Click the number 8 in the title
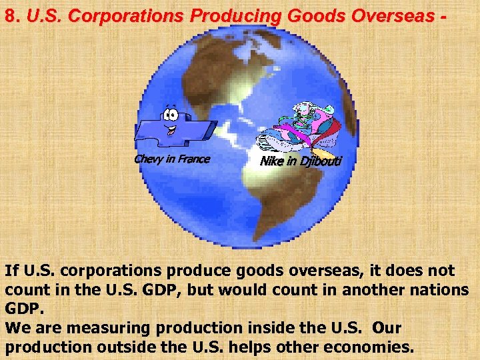(10, 16)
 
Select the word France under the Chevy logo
(193, 159)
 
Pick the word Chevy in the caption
(148, 159)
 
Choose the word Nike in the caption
(271, 161)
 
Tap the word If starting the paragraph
(11, 271)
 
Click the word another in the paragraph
(359, 290)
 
